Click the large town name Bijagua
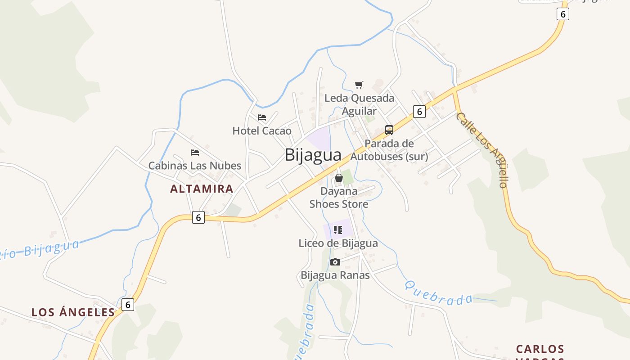click(313, 155)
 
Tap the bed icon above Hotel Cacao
click(262, 118)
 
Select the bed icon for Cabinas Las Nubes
click(195, 153)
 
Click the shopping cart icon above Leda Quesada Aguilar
click(359, 85)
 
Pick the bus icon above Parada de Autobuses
click(389, 130)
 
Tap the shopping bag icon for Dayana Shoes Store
click(339, 178)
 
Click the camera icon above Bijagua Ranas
click(335, 262)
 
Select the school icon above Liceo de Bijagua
click(338, 230)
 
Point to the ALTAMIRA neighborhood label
click(202, 189)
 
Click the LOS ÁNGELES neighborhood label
click(73, 312)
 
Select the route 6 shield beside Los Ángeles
click(128, 305)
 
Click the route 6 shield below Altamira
click(198, 218)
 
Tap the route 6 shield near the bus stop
click(419, 111)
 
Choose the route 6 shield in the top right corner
click(562, 14)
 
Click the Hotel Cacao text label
click(262, 131)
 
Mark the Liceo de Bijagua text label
click(338, 243)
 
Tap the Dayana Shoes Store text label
click(339, 198)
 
